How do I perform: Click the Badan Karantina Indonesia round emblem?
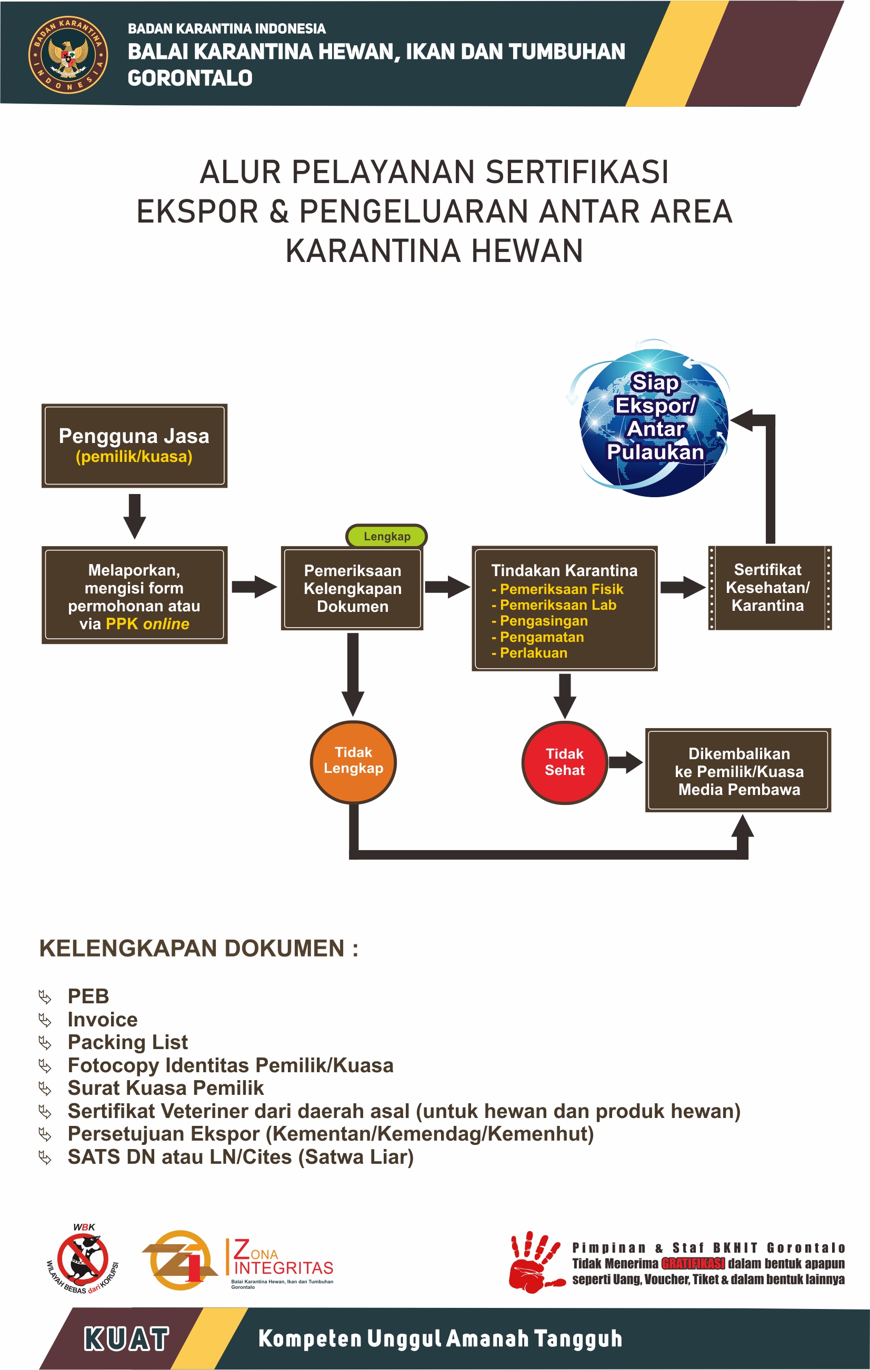[68, 55]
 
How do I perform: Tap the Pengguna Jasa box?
[134, 446]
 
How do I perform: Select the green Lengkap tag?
[386, 536]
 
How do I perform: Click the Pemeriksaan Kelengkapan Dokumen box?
[352, 588]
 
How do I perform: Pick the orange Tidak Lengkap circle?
[353, 761]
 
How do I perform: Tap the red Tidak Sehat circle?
[564, 762]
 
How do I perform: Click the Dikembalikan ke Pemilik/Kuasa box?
[738, 770]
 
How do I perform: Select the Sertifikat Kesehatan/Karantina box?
[769, 588]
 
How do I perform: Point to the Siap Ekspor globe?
[655, 421]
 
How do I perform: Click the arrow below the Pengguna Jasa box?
[134, 516]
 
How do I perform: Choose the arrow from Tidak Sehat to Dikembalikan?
[625, 762]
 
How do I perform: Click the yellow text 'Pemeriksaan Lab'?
[557, 605]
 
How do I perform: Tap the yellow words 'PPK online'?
[147, 624]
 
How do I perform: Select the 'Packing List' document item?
[127, 1042]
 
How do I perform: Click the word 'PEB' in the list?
[88, 996]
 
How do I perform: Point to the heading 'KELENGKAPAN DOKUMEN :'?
[198, 949]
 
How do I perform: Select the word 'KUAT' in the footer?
[126, 1339]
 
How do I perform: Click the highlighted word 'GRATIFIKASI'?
[693, 1264]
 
